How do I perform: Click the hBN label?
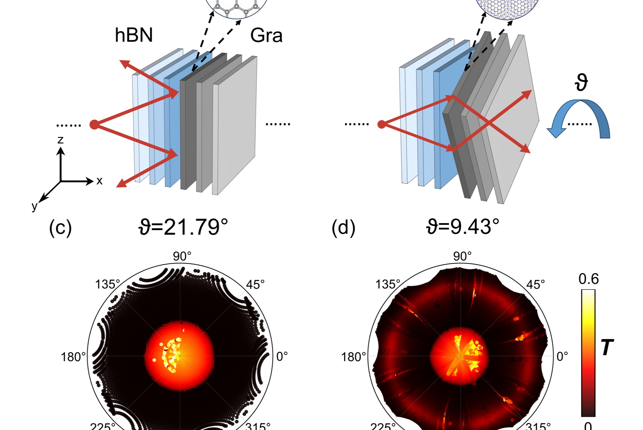134,35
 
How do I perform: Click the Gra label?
266,35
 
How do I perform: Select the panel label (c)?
60,228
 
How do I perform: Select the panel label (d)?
343,228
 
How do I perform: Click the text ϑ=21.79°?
183,227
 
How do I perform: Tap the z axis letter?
61,140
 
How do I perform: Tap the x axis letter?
99,181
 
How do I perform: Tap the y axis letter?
35,206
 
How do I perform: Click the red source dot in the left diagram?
94,124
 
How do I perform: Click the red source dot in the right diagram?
381,124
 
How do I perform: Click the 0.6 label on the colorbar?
588,279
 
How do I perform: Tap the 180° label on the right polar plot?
354,357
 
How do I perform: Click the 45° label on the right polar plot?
536,285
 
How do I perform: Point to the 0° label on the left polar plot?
282,357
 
